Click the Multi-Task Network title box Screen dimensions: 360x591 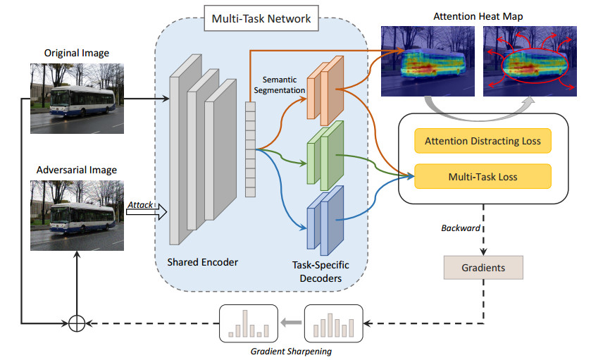[x=261, y=19]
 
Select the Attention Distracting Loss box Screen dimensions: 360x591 [x=483, y=141]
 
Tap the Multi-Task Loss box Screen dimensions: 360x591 [x=483, y=177]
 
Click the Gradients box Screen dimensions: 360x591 [x=483, y=267]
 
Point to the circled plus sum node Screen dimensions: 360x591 [x=77, y=323]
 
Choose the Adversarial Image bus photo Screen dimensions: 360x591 [x=73, y=215]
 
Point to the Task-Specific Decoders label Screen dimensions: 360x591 [x=321, y=271]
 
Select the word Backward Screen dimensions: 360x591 [x=459, y=229]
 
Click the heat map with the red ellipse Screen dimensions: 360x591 [x=533, y=61]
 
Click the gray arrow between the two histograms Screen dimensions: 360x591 [x=290, y=324]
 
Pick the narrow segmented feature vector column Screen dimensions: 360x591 [x=249, y=149]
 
